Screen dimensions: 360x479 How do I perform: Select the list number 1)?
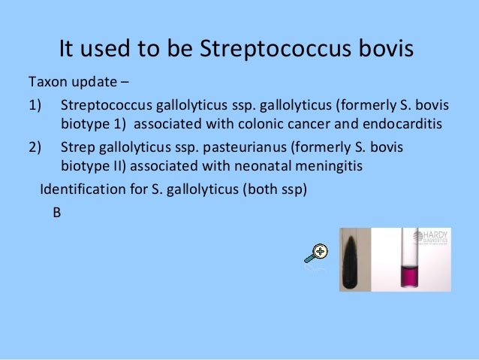pyautogui.click(x=37, y=104)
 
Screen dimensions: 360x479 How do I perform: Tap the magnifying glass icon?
pyautogui.click(x=316, y=254)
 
